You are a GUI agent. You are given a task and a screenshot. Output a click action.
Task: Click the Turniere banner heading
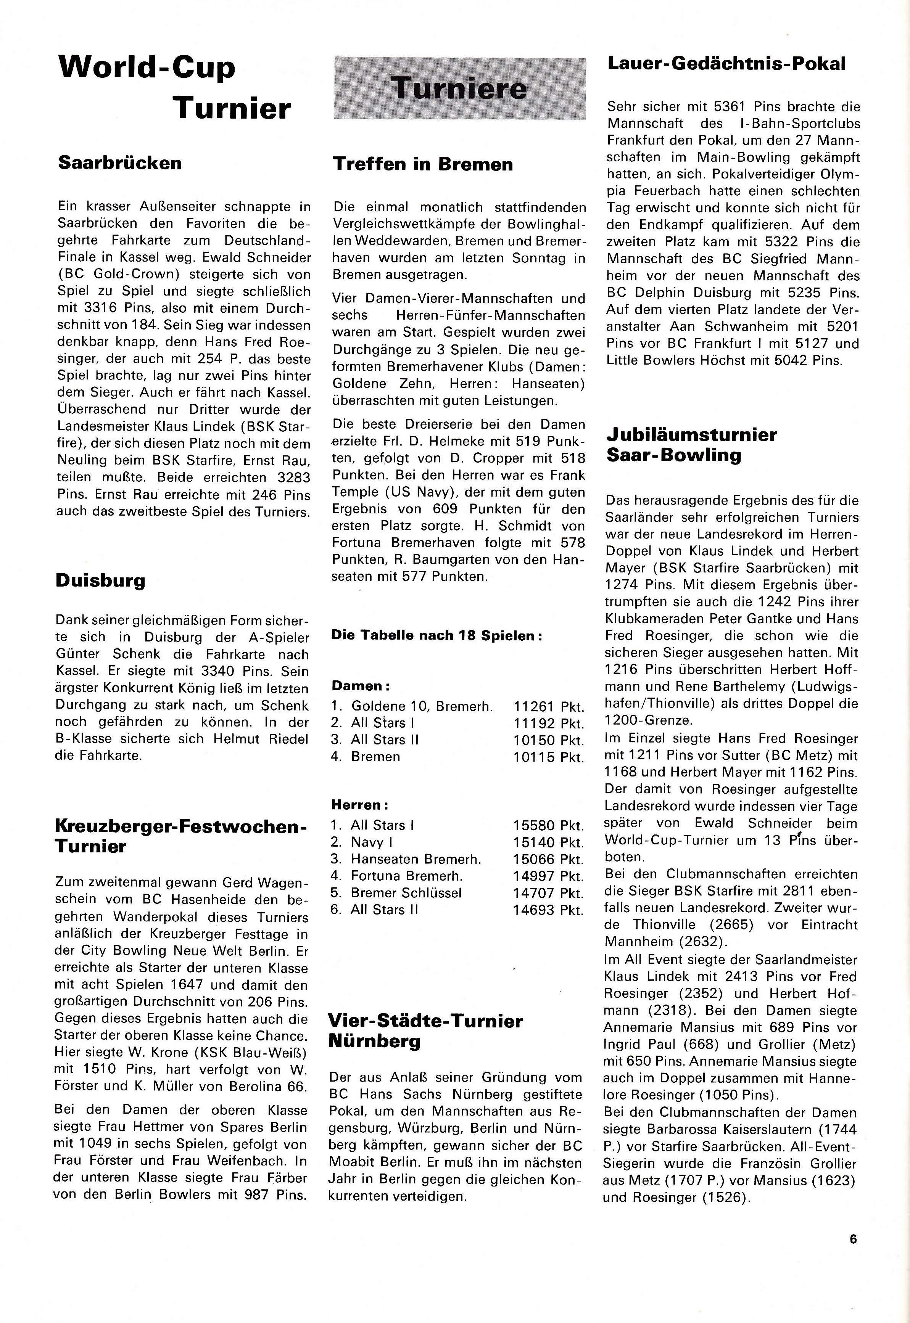(459, 88)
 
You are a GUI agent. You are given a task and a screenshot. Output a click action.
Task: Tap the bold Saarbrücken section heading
(120, 163)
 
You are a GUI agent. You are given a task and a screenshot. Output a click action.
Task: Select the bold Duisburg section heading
(100, 580)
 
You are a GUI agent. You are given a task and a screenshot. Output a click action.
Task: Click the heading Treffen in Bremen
(423, 164)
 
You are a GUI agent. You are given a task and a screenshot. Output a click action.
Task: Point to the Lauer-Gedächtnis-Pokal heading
(726, 63)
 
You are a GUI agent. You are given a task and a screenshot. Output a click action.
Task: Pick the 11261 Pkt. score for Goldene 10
(549, 707)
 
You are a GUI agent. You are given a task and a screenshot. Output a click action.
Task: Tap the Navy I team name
(372, 842)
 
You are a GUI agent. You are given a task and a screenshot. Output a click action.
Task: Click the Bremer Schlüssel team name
(406, 893)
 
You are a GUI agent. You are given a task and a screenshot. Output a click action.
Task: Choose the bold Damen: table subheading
(357, 686)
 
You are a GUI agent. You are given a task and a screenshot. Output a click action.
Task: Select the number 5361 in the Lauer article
(732, 106)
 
